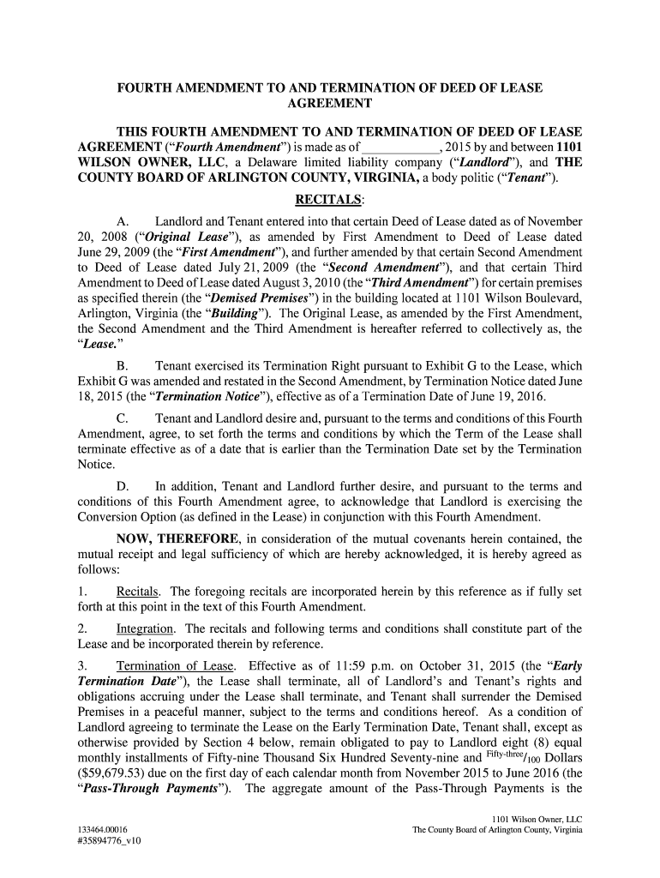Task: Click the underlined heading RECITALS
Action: tap(329, 201)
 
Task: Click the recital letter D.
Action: tap(123, 486)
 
